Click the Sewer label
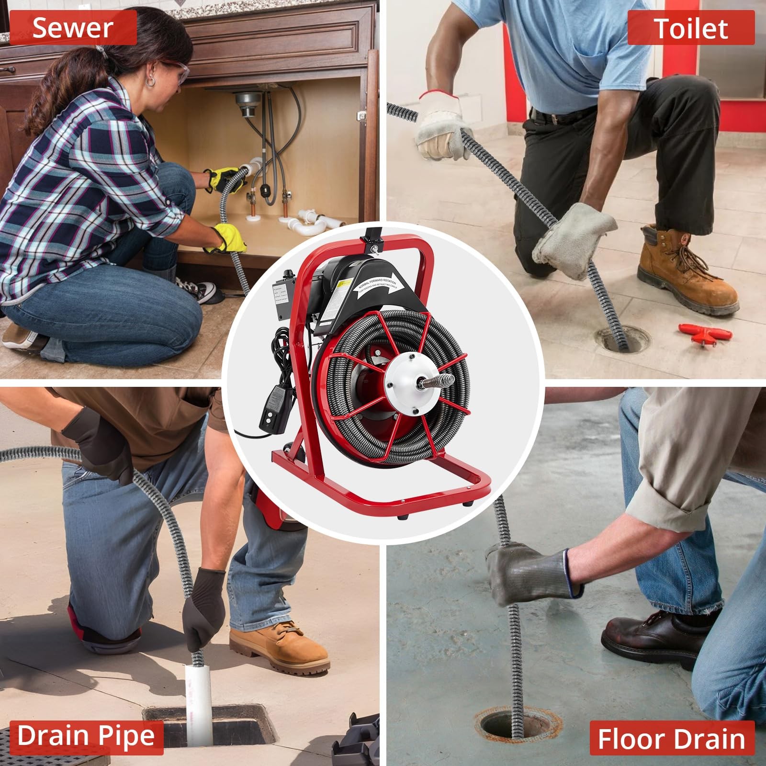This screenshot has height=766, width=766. coord(73,27)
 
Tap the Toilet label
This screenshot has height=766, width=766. coord(690,28)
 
